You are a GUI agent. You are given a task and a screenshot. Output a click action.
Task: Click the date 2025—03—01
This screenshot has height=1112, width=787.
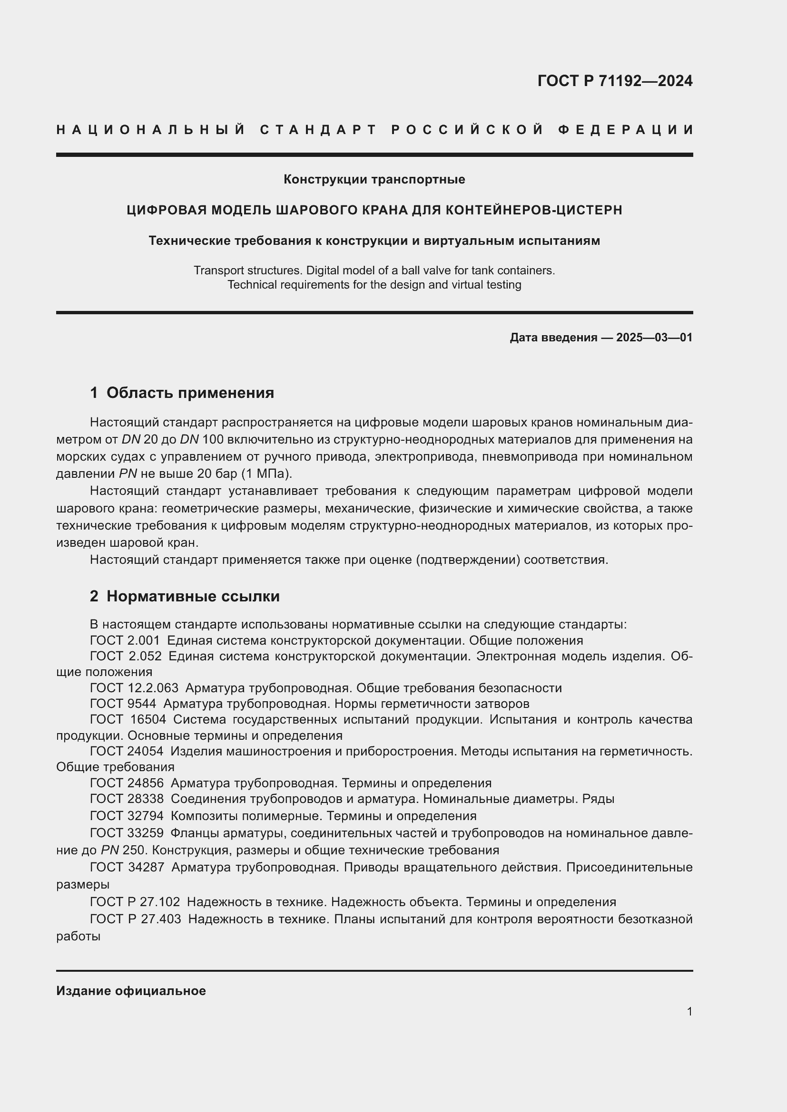tap(654, 338)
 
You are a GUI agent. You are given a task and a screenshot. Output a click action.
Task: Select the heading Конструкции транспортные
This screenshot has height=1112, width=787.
tap(374, 180)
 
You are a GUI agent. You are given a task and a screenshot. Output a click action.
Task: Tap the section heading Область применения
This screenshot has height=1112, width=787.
tap(190, 393)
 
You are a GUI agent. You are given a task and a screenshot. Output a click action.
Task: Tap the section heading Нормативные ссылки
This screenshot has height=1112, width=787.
tap(193, 596)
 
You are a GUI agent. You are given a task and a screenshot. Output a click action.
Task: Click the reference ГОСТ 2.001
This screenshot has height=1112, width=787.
tap(125, 641)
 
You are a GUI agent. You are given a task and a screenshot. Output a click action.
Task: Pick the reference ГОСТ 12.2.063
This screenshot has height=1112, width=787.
tap(134, 688)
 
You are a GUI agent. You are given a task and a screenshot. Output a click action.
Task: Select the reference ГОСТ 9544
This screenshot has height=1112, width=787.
tap(123, 704)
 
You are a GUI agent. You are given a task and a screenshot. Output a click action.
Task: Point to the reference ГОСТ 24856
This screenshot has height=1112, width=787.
tap(127, 783)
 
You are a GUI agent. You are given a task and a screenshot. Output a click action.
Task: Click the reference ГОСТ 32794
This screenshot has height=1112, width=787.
tap(127, 816)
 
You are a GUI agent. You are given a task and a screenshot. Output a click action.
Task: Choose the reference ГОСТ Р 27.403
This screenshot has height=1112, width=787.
tap(136, 919)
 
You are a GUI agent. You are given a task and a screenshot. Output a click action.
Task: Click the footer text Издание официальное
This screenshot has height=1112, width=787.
tap(131, 990)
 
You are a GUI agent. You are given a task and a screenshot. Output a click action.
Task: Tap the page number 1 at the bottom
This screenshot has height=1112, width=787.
tap(689, 1011)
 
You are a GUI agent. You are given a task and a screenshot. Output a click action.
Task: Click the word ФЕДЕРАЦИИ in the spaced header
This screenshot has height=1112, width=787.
tap(626, 130)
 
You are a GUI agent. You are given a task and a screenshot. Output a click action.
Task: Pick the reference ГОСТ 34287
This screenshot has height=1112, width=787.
tap(127, 868)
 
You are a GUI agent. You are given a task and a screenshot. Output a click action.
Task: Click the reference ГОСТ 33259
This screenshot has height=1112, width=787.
tap(127, 833)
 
